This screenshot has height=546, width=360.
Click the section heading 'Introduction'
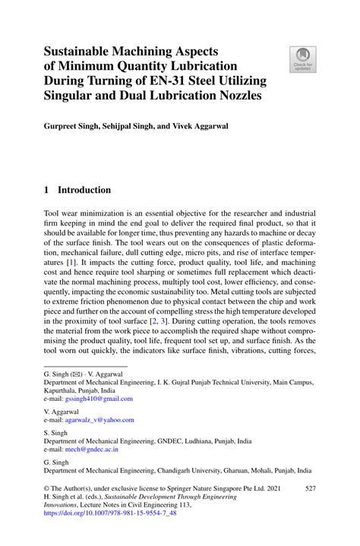pyautogui.click(x=84, y=190)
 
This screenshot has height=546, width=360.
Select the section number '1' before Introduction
pyautogui.click(x=46, y=190)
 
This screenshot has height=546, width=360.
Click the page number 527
pyautogui.click(x=310, y=492)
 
